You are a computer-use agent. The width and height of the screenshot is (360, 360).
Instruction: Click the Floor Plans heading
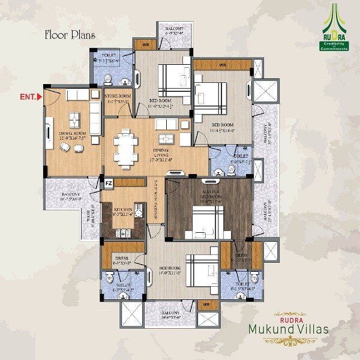coord(70,34)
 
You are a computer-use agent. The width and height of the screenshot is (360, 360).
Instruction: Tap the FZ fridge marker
coord(109,183)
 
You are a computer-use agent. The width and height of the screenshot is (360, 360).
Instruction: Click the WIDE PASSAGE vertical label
coord(154,201)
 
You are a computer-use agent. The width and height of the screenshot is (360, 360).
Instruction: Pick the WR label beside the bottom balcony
coord(206,305)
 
